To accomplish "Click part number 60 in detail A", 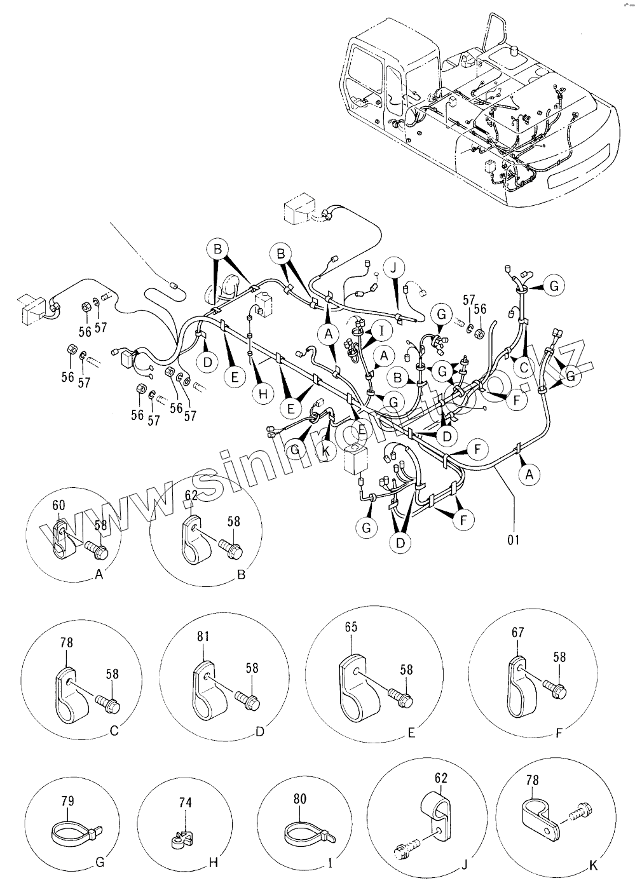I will click(x=58, y=505).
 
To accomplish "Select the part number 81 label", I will click(x=203, y=636).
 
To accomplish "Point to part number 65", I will click(x=351, y=627).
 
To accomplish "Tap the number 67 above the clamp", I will click(x=517, y=632).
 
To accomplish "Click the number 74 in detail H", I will click(x=185, y=802).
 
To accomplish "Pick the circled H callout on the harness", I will click(x=263, y=394).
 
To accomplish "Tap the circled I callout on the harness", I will click(x=381, y=330).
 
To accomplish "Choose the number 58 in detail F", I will click(x=559, y=657).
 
